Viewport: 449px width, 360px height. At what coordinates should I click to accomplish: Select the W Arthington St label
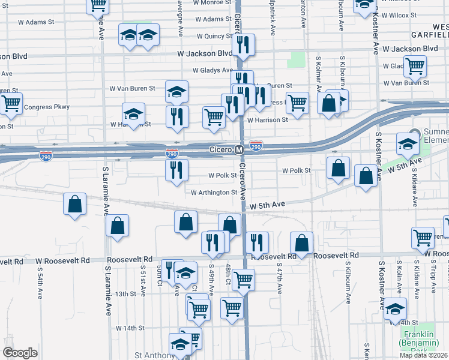(214, 193)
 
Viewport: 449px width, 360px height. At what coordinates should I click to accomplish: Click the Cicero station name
(220, 149)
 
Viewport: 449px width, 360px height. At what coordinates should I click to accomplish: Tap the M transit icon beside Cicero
(239, 149)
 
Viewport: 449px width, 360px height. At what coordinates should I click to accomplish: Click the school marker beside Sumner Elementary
(407, 143)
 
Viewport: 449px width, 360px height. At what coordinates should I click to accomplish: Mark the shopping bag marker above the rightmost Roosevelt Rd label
(301, 242)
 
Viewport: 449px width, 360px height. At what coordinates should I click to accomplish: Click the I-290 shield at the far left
(46, 156)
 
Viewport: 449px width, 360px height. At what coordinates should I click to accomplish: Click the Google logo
(20, 353)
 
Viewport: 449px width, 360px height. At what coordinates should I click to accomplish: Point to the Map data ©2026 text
(424, 355)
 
